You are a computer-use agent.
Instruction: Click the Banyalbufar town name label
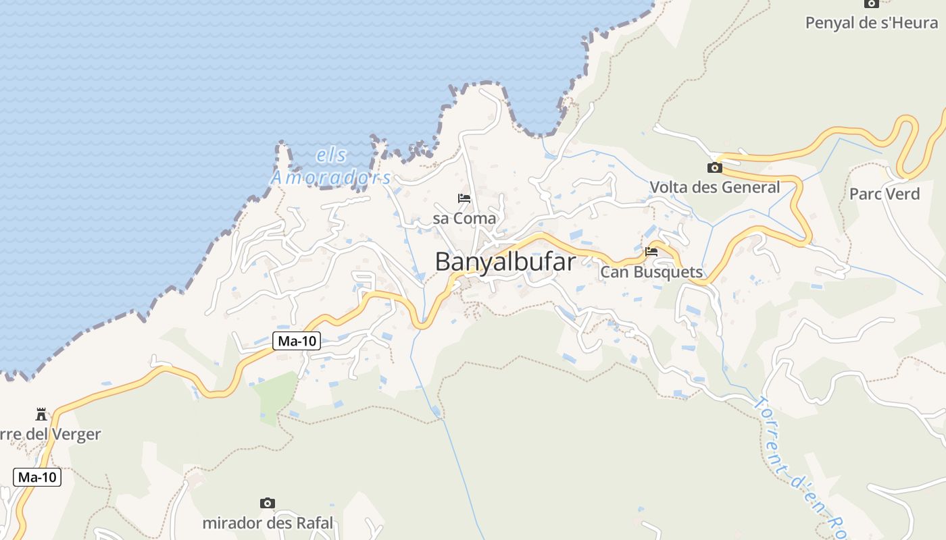(x=505, y=261)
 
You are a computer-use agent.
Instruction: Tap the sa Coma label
(x=464, y=218)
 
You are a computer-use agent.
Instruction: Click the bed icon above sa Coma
(x=464, y=198)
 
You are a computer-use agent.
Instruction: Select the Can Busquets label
(x=651, y=272)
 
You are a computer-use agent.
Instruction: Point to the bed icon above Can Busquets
(x=651, y=252)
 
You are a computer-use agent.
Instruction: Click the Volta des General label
(x=714, y=187)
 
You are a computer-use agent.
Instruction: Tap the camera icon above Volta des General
(x=714, y=167)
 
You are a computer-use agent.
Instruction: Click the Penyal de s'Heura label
(x=872, y=22)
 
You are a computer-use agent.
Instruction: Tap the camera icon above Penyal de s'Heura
(x=872, y=3)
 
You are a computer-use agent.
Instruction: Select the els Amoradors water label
(x=331, y=167)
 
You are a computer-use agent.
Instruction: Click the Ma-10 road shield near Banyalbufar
(x=297, y=341)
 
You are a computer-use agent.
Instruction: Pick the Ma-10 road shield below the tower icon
(x=37, y=477)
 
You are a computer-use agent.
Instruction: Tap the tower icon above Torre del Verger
(x=41, y=414)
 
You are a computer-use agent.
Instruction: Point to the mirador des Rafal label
(x=268, y=522)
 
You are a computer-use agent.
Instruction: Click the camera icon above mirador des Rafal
(x=268, y=503)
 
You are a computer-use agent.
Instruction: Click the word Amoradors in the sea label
(x=331, y=178)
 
